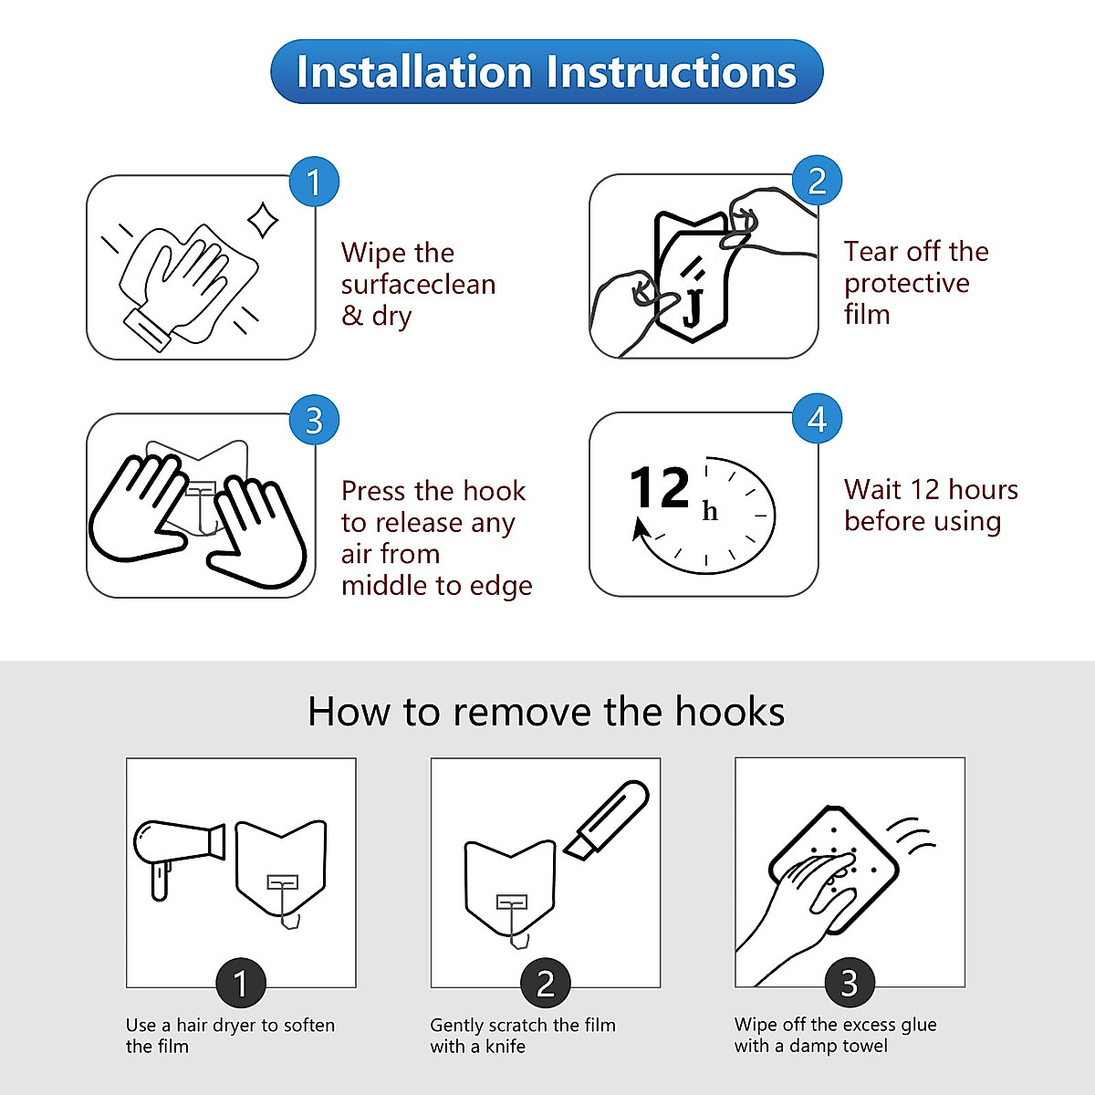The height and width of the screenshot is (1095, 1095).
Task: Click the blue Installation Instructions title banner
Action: [547, 71]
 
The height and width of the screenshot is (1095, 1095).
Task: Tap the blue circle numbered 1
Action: [314, 182]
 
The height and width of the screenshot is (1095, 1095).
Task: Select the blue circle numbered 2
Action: [817, 181]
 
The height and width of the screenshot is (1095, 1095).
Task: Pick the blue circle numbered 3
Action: [314, 420]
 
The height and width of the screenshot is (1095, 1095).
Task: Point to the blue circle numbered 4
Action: [817, 419]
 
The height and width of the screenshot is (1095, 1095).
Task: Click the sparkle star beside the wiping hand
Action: [264, 220]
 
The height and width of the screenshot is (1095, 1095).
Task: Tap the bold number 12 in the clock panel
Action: [659, 488]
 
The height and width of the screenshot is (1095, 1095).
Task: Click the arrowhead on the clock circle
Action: [641, 529]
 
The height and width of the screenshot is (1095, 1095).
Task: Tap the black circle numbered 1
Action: [241, 984]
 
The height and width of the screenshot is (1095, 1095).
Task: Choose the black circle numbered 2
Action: [545, 984]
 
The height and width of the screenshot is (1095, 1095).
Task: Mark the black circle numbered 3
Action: [850, 983]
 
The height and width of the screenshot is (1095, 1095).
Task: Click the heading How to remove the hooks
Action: [546, 712]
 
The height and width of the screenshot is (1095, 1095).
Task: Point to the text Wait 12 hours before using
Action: [930, 505]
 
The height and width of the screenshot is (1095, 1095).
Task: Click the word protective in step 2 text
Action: [906, 283]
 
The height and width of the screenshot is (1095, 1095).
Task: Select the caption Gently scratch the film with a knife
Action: [523, 1035]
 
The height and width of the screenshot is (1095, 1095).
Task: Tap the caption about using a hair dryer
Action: [230, 1035]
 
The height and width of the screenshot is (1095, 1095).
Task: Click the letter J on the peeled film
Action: [693, 305]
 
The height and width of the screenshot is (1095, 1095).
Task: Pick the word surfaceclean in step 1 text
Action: [418, 285]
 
